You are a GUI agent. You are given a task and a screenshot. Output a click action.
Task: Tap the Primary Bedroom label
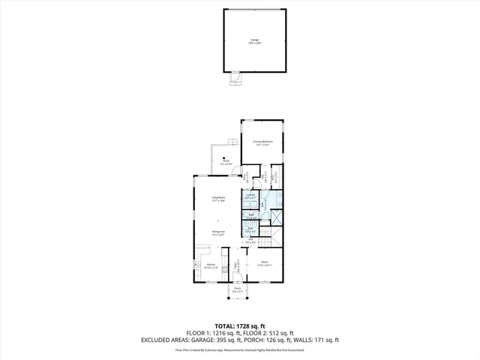262,142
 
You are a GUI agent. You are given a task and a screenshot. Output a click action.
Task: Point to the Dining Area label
217,233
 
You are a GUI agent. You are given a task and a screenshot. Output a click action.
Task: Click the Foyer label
236,265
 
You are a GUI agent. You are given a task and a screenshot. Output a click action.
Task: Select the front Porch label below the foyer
237,289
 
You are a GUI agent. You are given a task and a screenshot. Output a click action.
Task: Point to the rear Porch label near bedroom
226,161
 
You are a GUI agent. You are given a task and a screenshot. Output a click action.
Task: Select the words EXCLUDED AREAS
160,340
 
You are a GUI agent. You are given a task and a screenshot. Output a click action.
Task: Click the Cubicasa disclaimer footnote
240,349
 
